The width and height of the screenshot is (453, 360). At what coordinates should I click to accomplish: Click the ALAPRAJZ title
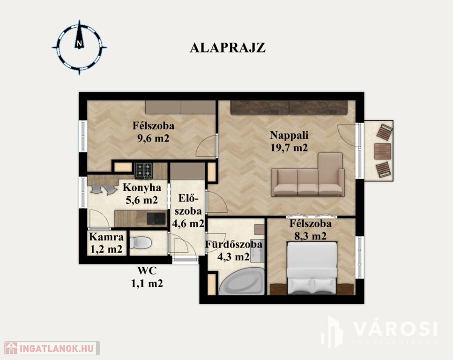tap(227, 48)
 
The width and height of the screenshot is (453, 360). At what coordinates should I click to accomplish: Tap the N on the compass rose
tap(79, 44)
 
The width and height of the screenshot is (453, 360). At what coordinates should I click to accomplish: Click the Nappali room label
tap(289, 135)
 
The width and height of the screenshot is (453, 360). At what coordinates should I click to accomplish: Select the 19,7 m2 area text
tap(289, 148)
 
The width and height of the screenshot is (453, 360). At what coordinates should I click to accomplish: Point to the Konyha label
tap(142, 187)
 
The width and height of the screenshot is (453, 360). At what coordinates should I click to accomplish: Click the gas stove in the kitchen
tap(144, 170)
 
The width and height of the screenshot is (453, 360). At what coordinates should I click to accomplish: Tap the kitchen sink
tap(156, 218)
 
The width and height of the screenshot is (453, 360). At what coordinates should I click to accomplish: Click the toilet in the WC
tap(141, 242)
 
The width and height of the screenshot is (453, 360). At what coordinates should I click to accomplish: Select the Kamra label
tap(107, 237)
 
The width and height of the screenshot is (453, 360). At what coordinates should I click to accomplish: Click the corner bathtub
tap(242, 281)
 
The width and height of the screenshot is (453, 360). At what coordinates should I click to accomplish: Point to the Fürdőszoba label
tap(234, 244)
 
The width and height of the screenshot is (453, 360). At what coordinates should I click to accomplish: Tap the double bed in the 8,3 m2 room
tap(312, 268)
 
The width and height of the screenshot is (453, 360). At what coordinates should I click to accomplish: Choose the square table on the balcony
tap(383, 151)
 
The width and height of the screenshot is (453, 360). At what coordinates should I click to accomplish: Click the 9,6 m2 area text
tap(153, 138)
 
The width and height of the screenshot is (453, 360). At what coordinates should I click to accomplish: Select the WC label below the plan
tap(147, 270)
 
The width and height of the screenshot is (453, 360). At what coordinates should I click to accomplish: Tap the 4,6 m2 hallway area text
tap(188, 224)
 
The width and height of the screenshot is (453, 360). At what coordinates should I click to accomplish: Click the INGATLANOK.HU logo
tap(52, 348)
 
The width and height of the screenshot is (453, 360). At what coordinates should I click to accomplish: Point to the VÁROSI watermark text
tap(395, 329)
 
